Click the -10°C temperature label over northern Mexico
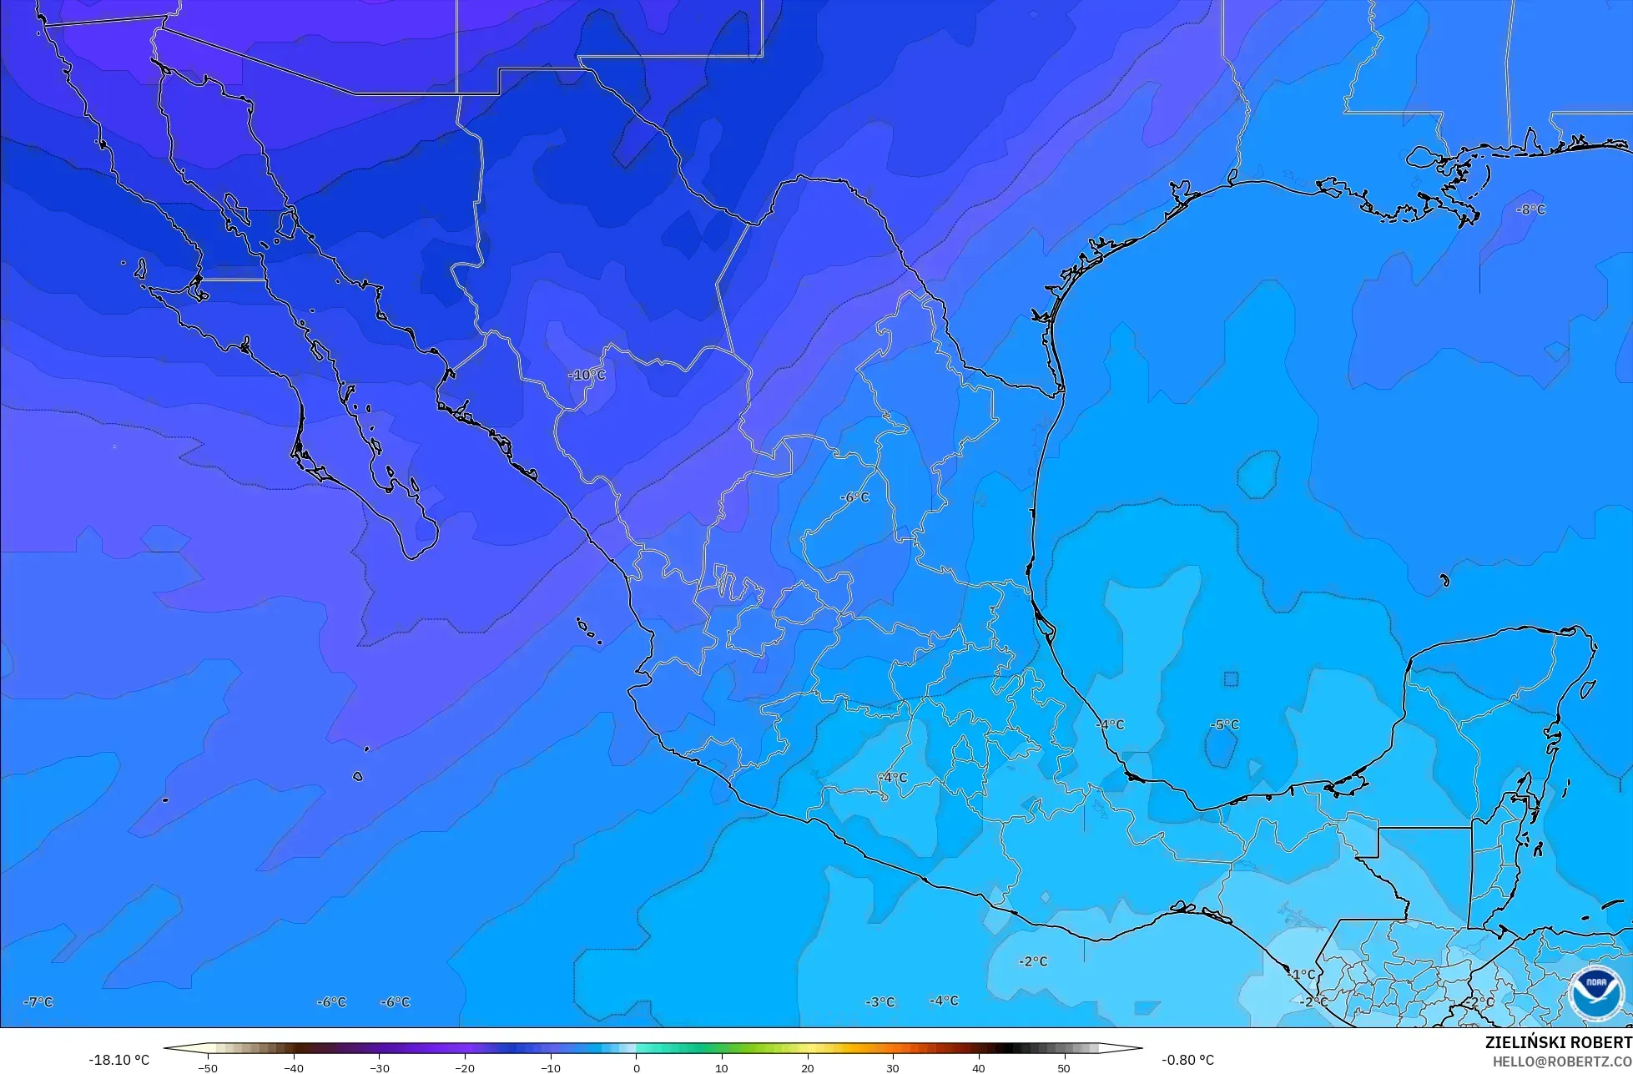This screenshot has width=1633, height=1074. [587, 376]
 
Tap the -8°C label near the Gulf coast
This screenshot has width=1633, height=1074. [1530, 209]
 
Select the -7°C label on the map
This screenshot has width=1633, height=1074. [38, 1001]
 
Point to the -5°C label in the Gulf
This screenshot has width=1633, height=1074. [1224, 724]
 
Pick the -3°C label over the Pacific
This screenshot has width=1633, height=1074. [880, 1001]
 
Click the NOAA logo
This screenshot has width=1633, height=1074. [1595, 991]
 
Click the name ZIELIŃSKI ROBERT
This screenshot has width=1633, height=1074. [1558, 1042]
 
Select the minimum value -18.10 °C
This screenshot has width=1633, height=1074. [118, 1060]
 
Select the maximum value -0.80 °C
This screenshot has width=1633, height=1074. [1187, 1060]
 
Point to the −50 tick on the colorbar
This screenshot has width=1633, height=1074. [208, 1067]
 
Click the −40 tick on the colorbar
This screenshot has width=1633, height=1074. [294, 1067]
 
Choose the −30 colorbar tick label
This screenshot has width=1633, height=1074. [379, 1067]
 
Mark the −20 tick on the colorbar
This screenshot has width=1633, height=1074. [465, 1067]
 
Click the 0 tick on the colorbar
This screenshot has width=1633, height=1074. [636, 1067]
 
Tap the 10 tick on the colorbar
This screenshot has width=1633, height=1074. [721, 1067]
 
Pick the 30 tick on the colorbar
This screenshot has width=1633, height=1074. [892, 1067]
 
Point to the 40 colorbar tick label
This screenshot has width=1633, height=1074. [978, 1067]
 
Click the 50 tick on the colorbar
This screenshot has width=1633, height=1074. [1063, 1067]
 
